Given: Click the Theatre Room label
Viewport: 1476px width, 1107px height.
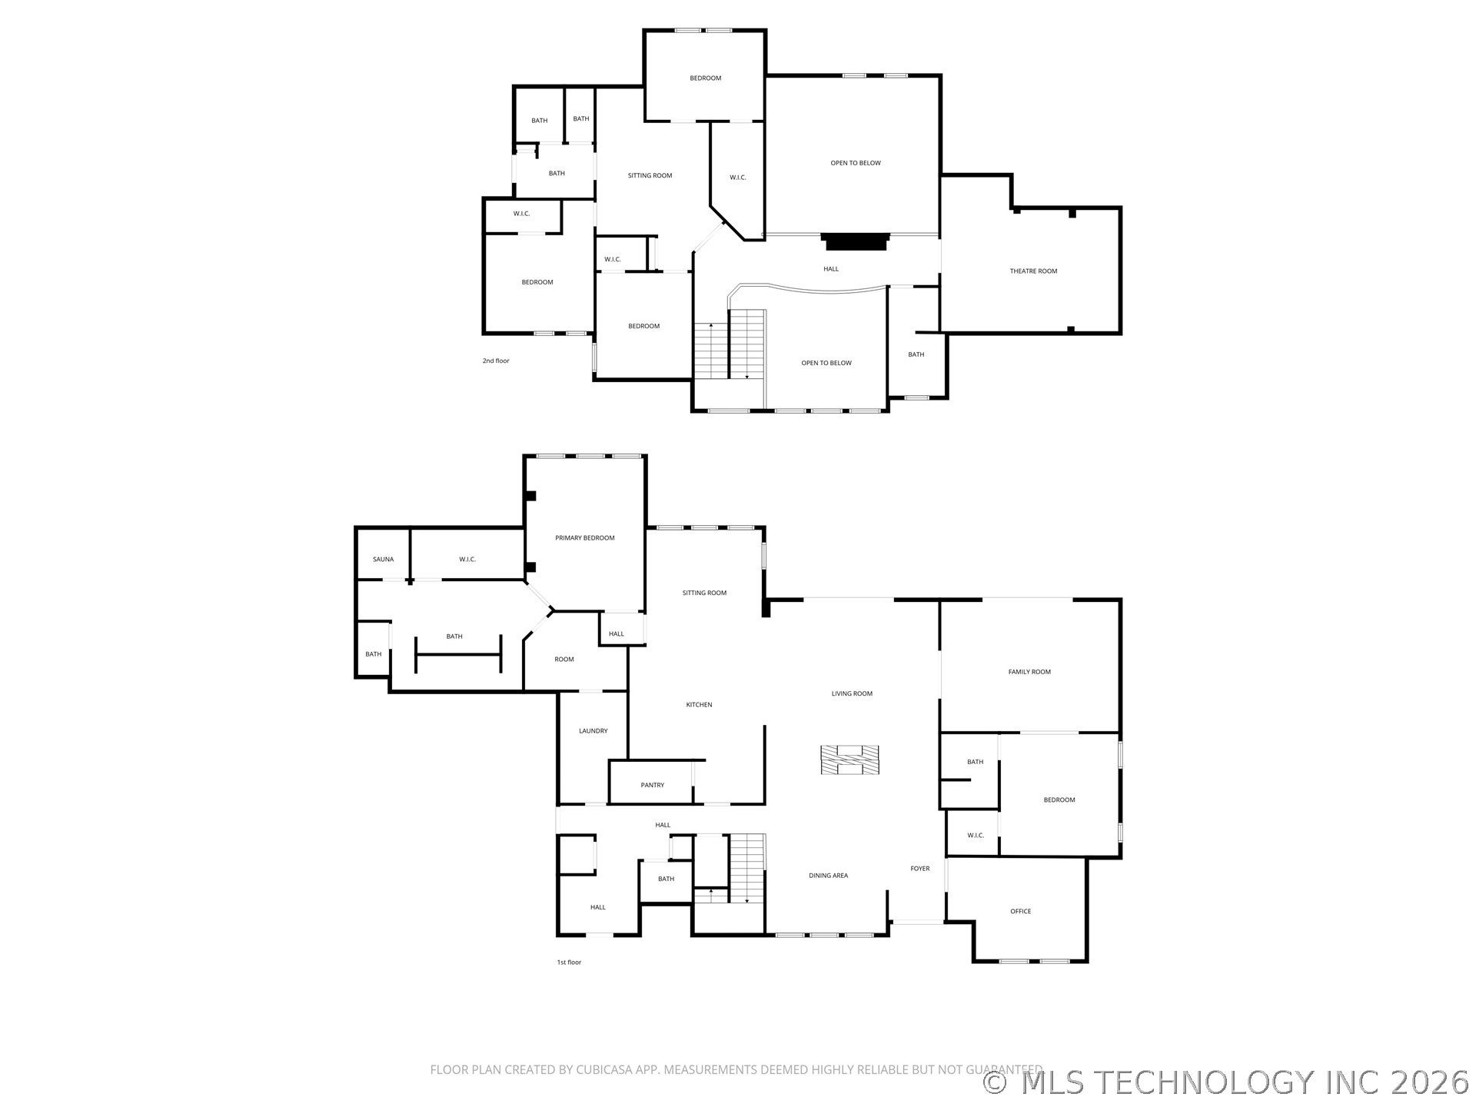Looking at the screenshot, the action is point(1033,271).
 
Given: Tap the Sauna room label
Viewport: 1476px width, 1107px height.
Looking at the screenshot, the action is point(383,559).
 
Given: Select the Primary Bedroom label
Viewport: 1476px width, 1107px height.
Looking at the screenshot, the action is point(585,537).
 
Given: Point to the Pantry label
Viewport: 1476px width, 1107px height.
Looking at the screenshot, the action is point(653,785).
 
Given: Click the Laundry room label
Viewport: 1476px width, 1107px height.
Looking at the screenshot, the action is point(593,730).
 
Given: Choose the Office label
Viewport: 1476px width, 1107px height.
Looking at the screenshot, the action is point(1021,911).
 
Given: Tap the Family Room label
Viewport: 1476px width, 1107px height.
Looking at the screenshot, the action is point(1029,671).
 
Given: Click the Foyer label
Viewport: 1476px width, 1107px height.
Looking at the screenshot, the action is point(920,868).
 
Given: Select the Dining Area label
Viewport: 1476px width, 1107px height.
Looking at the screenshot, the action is point(829,875).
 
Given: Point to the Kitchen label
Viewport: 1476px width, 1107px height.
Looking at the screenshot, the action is point(700,704).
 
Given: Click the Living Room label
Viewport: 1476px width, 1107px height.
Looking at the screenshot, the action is point(852,693).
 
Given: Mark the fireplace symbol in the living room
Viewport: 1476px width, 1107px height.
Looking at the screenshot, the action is point(849,761).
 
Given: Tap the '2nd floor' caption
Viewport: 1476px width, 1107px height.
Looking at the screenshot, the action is point(496,361).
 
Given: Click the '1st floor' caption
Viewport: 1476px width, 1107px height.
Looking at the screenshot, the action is point(569,962).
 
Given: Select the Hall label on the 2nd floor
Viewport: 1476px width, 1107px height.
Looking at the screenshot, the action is point(831,268).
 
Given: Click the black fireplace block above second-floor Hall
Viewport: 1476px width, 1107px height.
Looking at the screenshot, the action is point(856,241).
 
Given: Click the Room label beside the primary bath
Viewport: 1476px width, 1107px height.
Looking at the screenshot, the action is point(564,659).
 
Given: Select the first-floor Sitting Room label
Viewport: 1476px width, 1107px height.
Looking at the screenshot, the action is point(704,592).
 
